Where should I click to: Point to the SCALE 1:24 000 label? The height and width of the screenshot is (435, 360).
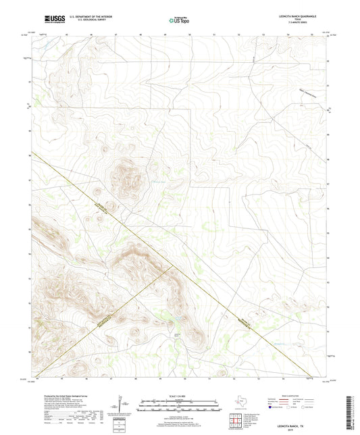(x=179, y=395)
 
